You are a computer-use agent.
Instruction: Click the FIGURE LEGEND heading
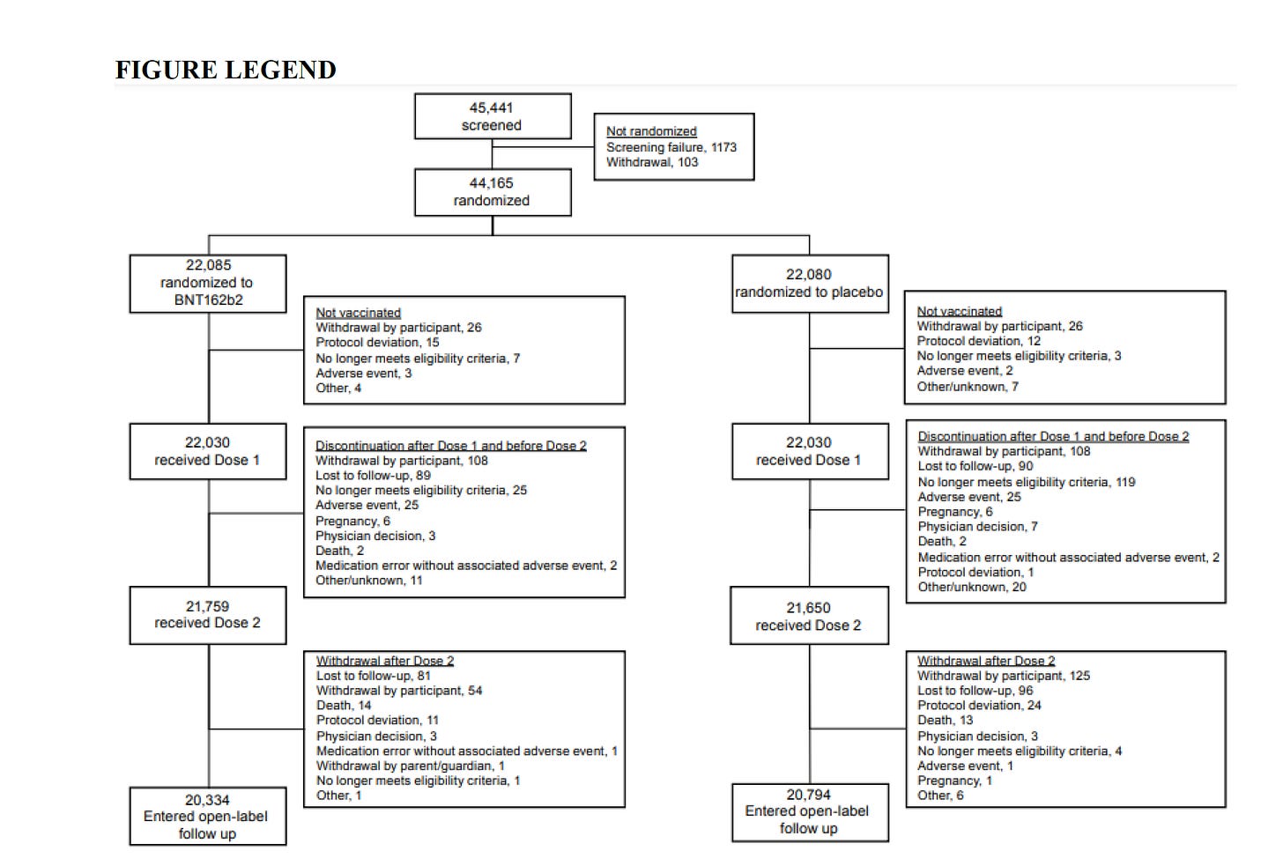[x=226, y=70]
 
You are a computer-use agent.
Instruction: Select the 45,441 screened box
[x=492, y=116]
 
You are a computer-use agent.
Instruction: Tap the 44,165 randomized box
[x=492, y=192]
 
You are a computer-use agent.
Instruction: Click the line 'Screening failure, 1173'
[x=671, y=147]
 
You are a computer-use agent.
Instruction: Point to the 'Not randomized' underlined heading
[x=651, y=131]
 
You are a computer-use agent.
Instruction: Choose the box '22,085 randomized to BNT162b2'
[x=207, y=283]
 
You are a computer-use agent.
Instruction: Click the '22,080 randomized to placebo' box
[x=809, y=284]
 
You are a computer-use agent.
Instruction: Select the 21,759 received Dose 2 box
[x=207, y=615]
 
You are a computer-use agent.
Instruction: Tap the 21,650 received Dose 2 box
[x=809, y=617]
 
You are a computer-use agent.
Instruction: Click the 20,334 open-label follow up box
[x=207, y=817]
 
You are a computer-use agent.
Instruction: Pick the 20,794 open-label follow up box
[x=809, y=811]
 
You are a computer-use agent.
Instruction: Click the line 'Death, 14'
[x=344, y=706]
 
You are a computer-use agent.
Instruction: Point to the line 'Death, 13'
[x=946, y=721]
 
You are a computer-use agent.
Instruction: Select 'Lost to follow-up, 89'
[x=373, y=476]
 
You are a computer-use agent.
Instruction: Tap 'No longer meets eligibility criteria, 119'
[x=1027, y=482]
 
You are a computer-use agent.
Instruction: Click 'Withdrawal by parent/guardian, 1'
[x=411, y=766]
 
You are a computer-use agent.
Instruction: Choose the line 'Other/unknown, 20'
[x=972, y=587]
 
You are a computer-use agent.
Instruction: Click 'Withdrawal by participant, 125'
[x=1004, y=676]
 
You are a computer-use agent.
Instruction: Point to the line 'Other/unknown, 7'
[x=968, y=387]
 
